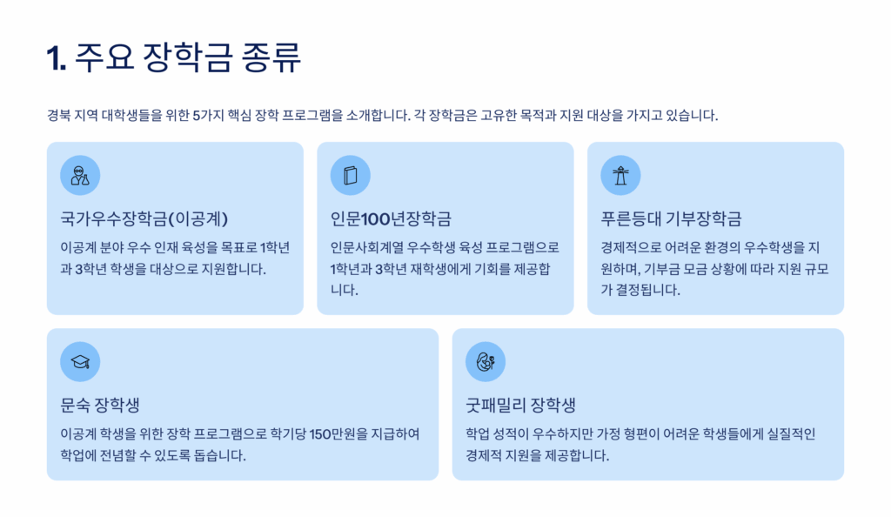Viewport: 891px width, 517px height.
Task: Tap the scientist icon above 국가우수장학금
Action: coord(80,176)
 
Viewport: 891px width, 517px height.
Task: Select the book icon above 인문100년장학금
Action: coord(351,176)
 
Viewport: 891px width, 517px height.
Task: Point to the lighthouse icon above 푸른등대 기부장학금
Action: coord(620,176)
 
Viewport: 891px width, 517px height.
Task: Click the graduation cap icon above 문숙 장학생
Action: coord(80,362)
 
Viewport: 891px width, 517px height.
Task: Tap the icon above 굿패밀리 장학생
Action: coord(486,362)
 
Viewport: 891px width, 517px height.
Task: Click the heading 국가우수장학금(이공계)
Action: coord(144,218)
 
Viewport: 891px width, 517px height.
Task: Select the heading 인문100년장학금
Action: coord(391,218)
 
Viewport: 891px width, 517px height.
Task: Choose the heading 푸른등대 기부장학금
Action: coord(671,218)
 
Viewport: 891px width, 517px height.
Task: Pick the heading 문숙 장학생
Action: coord(101,405)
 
